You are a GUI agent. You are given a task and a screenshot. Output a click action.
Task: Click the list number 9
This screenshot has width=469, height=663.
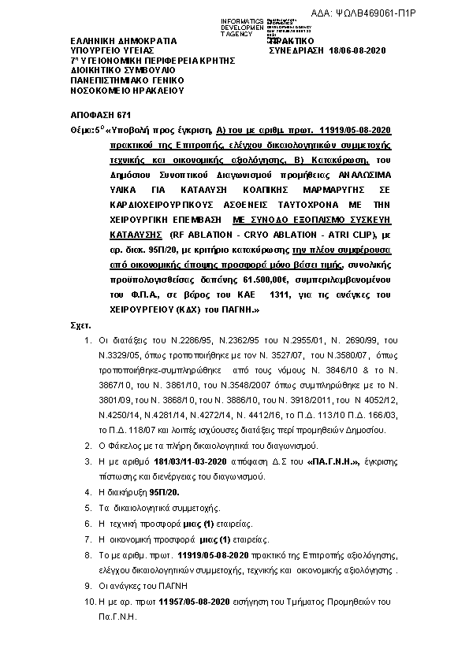[88, 587]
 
